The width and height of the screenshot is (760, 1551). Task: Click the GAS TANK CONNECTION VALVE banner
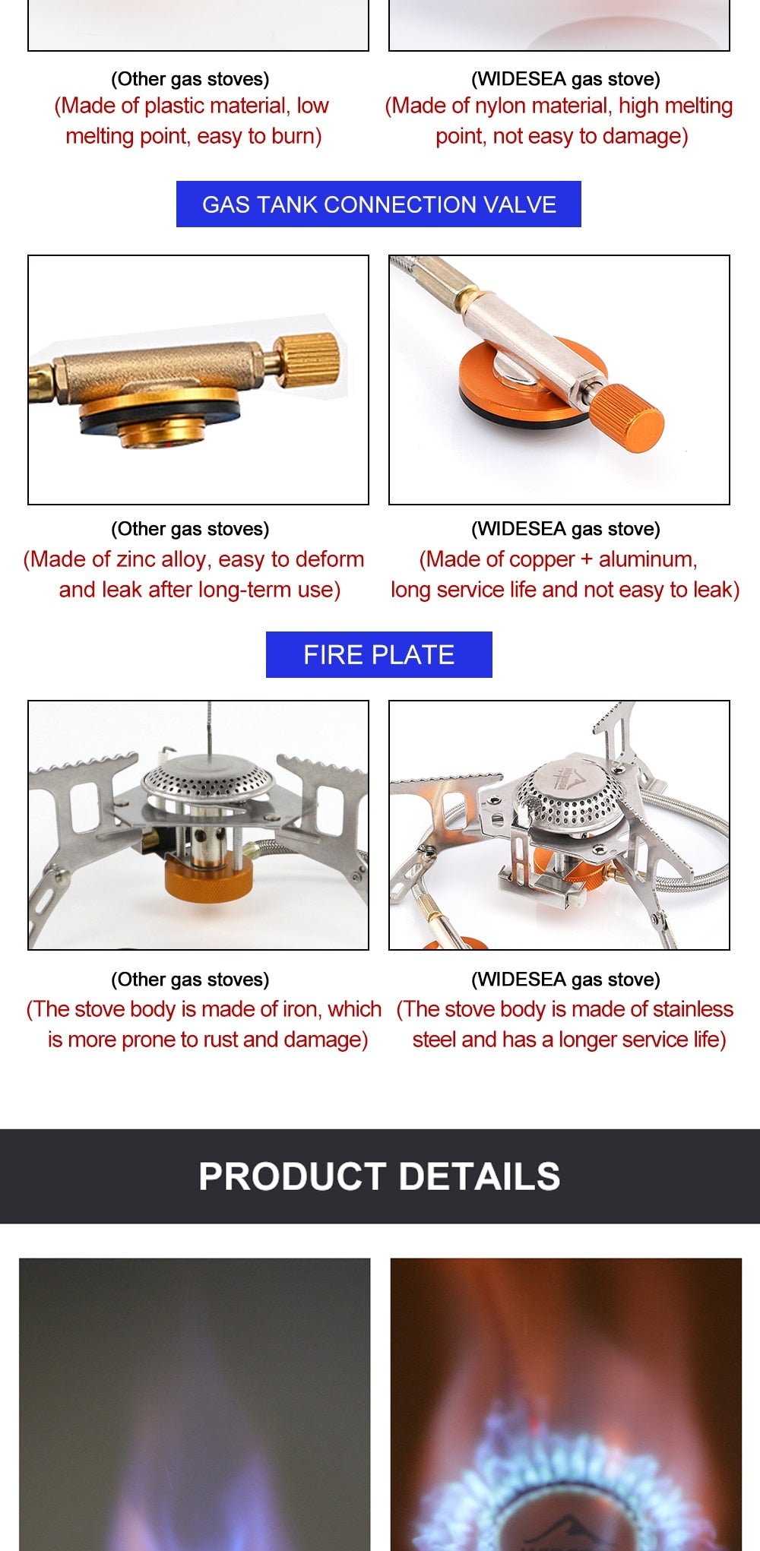click(x=378, y=204)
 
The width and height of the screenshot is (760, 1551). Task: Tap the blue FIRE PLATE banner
click(x=378, y=654)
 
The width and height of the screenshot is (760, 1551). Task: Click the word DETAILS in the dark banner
click(x=479, y=1176)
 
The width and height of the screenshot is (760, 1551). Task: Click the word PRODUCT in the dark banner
click(x=292, y=1176)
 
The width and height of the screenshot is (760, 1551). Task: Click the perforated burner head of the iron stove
click(x=207, y=778)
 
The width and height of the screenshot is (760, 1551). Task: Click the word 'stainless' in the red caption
click(x=692, y=1009)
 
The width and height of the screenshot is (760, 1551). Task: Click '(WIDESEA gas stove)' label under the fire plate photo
click(x=565, y=980)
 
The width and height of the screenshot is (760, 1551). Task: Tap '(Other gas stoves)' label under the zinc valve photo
click(x=190, y=529)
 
